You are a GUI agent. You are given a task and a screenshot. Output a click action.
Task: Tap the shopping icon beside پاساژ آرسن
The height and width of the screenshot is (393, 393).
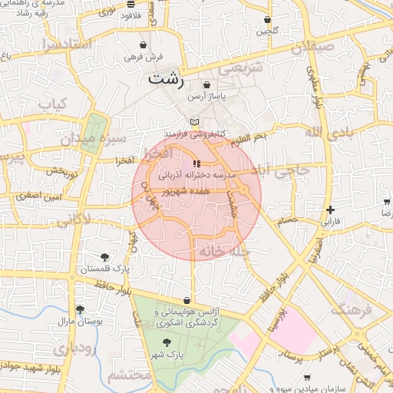(x=207, y=84)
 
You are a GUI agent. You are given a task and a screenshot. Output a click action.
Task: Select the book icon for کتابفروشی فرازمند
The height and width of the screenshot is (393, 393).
(x=195, y=122)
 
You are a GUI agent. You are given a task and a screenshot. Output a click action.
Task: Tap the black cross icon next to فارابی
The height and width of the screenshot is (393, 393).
(x=330, y=210)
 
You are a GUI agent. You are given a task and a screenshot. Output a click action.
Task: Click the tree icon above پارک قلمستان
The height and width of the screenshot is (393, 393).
(x=104, y=257)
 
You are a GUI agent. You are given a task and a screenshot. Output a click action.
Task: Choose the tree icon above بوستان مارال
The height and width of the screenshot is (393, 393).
(x=80, y=309)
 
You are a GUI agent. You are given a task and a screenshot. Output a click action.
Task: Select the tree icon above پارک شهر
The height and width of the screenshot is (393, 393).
(x=167, y=343)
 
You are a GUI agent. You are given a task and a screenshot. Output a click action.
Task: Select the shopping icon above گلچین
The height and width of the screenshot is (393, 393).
(x=267, y=20)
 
